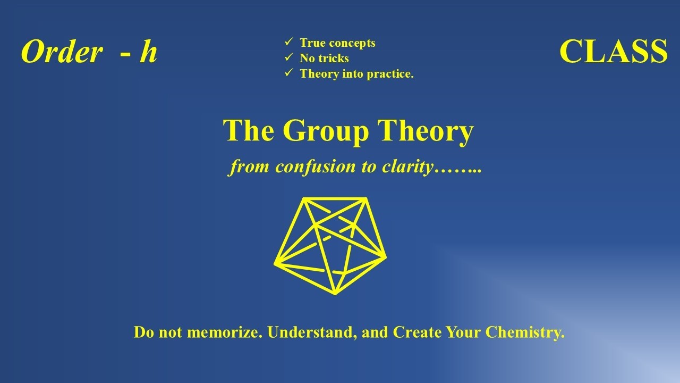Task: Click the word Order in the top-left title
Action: tap(62, 53)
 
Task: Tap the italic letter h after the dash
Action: tap(148, 53)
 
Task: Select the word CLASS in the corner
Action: tap(613, 52)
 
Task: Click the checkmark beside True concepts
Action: tap(289, 42)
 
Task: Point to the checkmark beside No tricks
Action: tap(289, 57)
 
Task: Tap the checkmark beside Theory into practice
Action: tap(289, 73)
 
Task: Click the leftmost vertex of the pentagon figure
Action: tap(276, 263)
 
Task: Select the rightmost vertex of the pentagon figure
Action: tap(385, 257)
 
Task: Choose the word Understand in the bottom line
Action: tap(311, 334)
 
